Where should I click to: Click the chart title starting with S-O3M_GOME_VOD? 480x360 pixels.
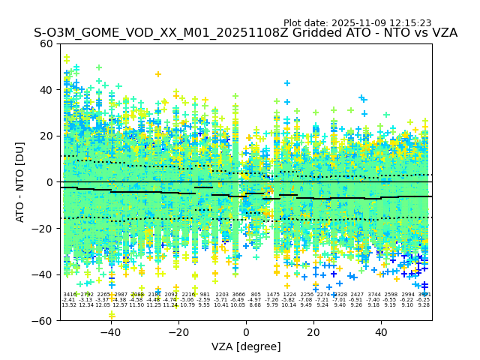pyautogui.click(x=245, y=33)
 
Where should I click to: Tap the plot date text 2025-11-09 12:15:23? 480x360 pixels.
pyautogui.click(x=357, y=23)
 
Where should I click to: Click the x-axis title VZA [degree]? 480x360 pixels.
pyautogui.click(x=245, y=346)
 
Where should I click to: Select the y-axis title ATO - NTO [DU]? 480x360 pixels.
pyautogui.click(x=21, y=182)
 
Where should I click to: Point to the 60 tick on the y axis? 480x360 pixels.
pyautogui.click(x=47, y=43)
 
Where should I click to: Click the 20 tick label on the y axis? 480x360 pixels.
pyautogui.click(x=47, y=136)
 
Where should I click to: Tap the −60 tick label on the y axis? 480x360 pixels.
pyautogui.click(x=43, y=320)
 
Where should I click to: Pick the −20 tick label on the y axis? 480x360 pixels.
pyautogui.click(x=43, y=228)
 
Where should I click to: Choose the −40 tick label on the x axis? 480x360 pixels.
pyautogui.click(x=110, y=332)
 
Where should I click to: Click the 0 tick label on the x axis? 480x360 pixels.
pyautogui.click(x=246, y=332)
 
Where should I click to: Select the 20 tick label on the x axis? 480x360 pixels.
pyautogui.click(x=313, y=332)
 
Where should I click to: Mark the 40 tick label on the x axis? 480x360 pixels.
pyautogui.click(x=381, y=332)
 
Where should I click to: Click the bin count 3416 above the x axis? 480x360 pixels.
pyautogui.click(x=70, y=295)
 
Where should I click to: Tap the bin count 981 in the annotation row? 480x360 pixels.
pyautogui.click(x=205, y=295)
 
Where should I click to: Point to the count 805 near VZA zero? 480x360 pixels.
pyautogui.click(x=256, y=295)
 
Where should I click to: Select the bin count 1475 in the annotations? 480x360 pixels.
pyautogui.click(x=273, y=295)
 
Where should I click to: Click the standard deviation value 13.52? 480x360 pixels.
pyautogui.click(x=69, y=305)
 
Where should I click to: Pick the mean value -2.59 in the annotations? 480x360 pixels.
pyautogui.click(x=205, y=300)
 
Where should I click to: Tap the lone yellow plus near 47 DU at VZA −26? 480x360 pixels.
pyautogui.click(x=157, y=74)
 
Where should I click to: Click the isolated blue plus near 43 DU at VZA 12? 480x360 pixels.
pyautogui.click(x=287, y=83)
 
